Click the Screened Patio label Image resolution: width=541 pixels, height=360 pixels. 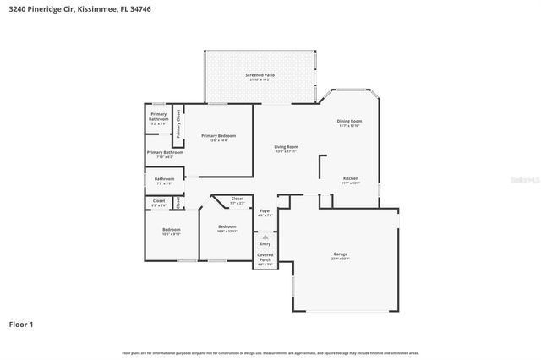point(260,75)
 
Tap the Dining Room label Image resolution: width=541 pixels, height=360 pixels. point(350,121)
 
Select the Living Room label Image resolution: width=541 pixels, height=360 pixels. point(286,147)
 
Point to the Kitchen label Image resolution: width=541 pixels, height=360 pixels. point(350,178)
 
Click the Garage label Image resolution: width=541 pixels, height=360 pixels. point(341,254)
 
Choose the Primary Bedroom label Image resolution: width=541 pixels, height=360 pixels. point(218,135)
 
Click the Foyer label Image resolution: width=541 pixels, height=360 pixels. point(265,210)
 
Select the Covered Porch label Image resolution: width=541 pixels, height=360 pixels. point(265,256)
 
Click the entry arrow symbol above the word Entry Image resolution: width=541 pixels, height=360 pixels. point(265,237)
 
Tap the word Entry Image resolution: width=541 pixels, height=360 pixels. point(265,244)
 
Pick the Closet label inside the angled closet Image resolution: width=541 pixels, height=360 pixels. point(237,199)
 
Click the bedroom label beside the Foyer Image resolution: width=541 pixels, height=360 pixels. point(227,226)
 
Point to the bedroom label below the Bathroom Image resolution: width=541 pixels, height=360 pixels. point(172,230)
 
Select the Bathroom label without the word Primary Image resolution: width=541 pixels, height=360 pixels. point(164,178)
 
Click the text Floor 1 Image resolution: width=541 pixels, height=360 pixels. point(21,324)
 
